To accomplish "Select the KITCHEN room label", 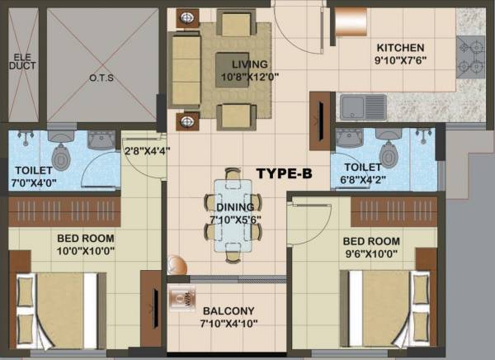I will click(400, 47).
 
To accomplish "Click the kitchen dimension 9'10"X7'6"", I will click(400, 59).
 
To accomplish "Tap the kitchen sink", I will click(363, 107).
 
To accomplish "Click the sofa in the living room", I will click(185, 67).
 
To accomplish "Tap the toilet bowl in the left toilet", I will click(62, 154).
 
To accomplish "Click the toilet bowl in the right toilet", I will click(386, 154).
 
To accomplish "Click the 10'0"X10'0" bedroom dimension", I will click(86, 251).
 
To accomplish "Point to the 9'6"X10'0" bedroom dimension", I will click(370, 253).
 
